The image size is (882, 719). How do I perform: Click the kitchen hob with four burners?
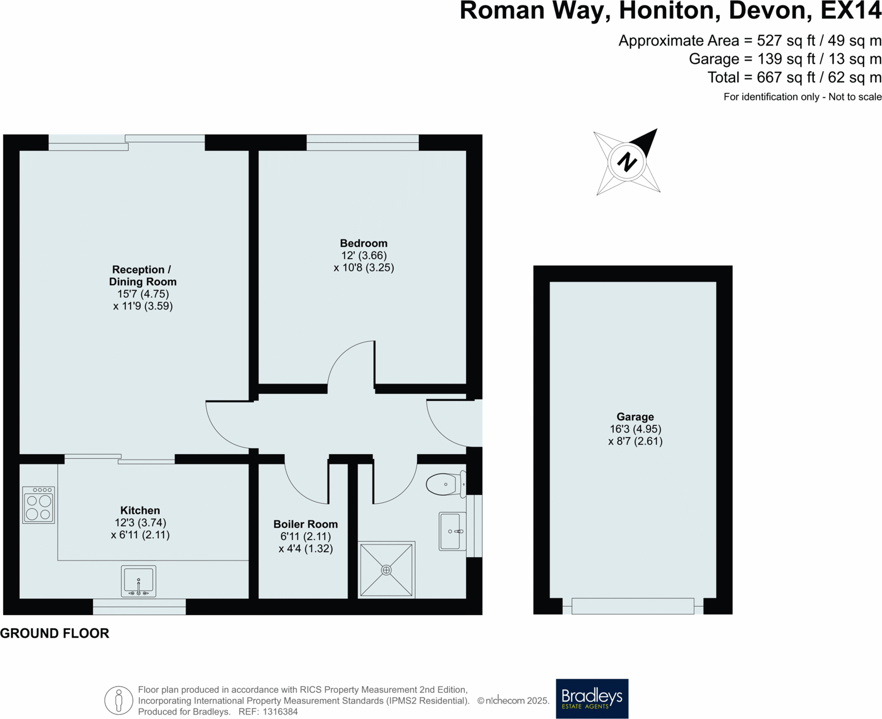[38, 505]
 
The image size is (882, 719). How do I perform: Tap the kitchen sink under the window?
[138, 581]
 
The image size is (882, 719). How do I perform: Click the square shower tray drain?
[387, 570]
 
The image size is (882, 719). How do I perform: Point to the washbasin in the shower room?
[452, 532]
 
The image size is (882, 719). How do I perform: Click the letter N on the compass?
[627, 162]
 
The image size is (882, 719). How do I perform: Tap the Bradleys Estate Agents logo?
[592, 698]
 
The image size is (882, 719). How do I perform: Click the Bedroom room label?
[364, 244]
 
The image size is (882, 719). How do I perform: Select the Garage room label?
[635, 417]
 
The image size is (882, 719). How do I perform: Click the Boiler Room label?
[305, 524]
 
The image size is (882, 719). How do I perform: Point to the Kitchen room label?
[140, 510]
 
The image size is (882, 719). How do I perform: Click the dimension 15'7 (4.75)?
[143, 294]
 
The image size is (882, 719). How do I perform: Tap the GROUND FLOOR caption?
[54, 633]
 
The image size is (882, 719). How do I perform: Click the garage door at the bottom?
[632, 606]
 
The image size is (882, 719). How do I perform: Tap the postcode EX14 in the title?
[850, 11]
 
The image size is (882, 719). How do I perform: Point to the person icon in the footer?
[118, 701]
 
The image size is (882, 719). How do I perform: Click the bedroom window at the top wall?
[363, 142]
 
